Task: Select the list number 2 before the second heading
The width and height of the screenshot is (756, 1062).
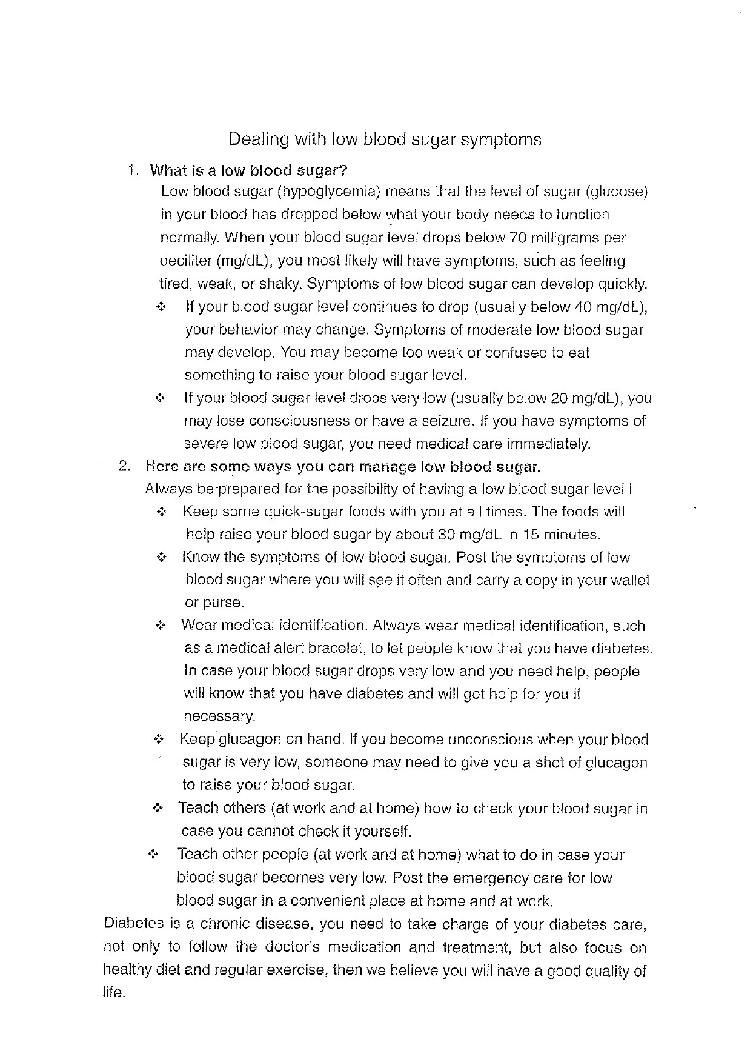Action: pyautogui.click(x=124, y=466)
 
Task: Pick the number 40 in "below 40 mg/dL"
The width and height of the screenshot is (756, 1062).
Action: pyautogui.click(x=582, y=307)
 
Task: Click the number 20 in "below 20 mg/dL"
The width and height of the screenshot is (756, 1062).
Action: pyautogui.click(x=558, y=399)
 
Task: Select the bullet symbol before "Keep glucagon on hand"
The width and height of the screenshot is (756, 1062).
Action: pyautogui.click(x=159, y=740)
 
